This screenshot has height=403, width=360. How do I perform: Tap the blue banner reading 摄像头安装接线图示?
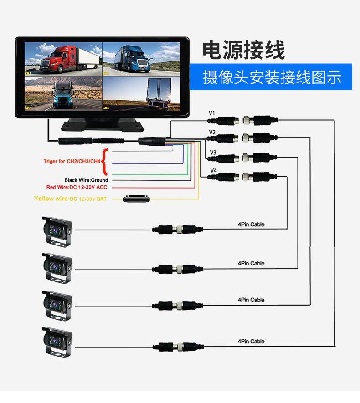click(x=272, y=77)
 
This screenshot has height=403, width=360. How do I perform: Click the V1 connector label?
click(x=212, y=113)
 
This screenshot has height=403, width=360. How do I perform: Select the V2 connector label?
click(x=212, y=133)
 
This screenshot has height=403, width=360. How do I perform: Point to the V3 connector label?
click(x=213, y=152)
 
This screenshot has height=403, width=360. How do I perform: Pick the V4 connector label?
click(x=213, y=171)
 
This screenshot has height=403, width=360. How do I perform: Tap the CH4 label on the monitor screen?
click(x=106, y=108)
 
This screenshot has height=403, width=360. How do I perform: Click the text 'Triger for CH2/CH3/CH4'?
click(x=72, y=161)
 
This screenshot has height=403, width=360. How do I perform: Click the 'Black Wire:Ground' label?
click(x=86, y=180)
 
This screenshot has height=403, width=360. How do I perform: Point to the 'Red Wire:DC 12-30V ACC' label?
click(x=77, y=187)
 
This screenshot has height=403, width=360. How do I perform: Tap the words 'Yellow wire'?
click(x=51, y=199)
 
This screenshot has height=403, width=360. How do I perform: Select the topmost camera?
click(x=57, y=231)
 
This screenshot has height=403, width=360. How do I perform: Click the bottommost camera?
click(x=57, y=340)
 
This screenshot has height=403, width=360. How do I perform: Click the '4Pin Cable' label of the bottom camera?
click(x=251, y=341)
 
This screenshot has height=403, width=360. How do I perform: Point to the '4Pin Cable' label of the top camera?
click(x=251, y=224)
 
